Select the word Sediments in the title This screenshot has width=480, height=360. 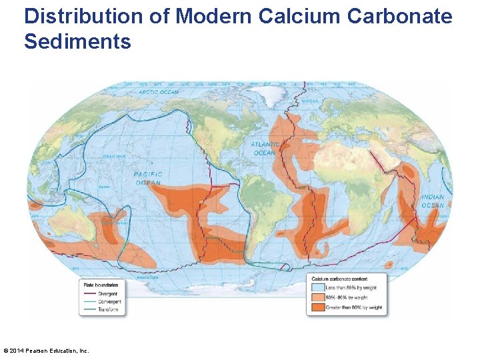tap(77, 42)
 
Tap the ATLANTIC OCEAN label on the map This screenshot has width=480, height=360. tap(264, 148)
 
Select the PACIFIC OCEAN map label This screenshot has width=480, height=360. tap(148, 178)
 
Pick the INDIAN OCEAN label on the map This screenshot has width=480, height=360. tap(432, 201)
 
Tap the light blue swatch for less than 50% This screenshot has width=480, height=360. tap(318, 288)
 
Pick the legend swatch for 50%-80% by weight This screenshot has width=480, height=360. tap(318, 297)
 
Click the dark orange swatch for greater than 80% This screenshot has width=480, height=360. tap(318, 307)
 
